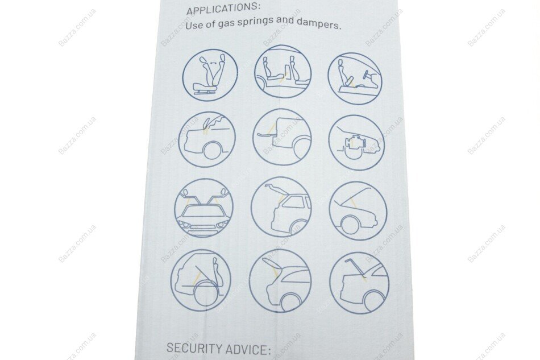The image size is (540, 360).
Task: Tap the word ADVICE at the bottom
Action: pos(247,349)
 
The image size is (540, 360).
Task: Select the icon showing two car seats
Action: pos(283,74)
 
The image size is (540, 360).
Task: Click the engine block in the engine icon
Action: pos(352,142)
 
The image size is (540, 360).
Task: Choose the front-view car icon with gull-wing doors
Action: pos(204,208)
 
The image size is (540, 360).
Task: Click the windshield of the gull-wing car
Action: pos(202,210)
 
